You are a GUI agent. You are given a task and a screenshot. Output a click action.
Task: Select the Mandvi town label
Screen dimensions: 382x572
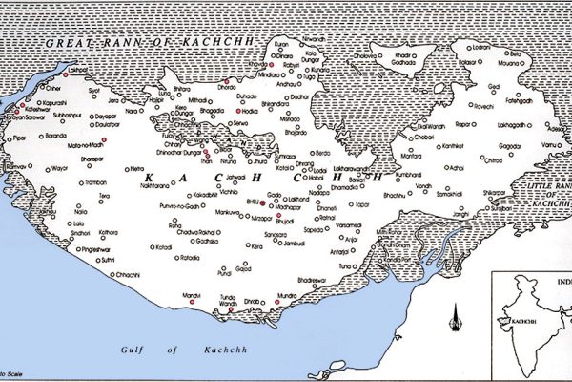tap(192, 296)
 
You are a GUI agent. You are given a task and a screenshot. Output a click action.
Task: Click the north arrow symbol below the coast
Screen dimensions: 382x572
tap(457, 314)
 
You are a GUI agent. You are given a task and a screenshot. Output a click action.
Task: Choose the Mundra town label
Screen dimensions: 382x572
tap(287, 296)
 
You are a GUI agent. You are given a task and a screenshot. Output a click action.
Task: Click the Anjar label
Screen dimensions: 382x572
tap(353, 238)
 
